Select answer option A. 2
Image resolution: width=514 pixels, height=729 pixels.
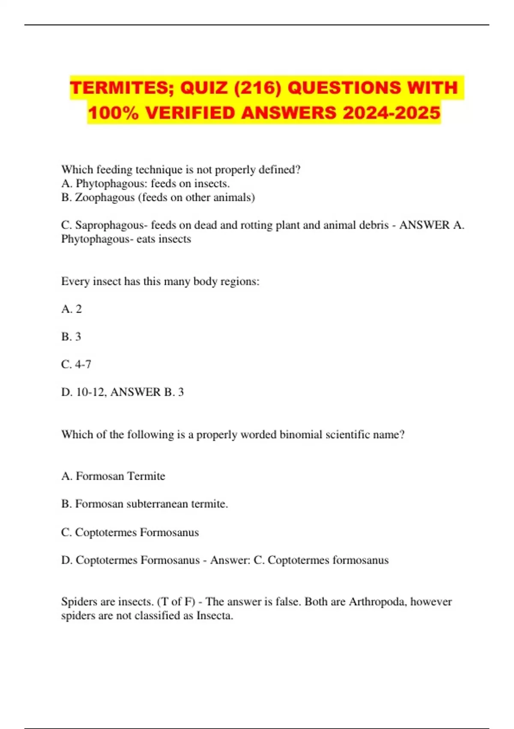point(72,309)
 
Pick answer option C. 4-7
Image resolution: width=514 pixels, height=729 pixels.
point(76,364)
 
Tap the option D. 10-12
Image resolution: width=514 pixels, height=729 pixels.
point(83,392)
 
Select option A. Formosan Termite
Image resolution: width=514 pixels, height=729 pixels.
point(113,476)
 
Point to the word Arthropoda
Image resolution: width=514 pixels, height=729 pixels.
point(377,602)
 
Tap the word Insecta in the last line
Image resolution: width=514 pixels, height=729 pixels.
point(214,616)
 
